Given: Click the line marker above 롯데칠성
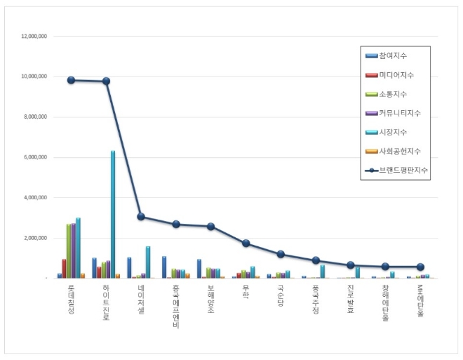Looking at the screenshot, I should pyautogui.click(x=71, y=80).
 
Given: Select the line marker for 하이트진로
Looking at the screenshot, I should pyautogui.click(x=106, y=81).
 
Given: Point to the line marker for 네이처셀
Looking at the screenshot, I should pyautogui.click(x=141, y=217).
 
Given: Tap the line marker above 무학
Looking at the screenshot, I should pyautogui.click(x=246, y=244).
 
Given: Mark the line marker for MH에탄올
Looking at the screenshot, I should pyautogui.click(x=420, y=267).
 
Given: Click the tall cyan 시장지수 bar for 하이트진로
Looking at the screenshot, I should pyautogui.click(x=112, y=214).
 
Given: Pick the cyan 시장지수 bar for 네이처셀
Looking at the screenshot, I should pyautogui.click(x=147, y=262).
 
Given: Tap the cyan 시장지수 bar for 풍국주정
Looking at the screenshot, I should pyautogui.click(x=322, y=272).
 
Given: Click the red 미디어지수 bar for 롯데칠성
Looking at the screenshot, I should pyautogui.click(x=64, y=269).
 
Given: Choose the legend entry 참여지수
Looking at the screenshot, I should pyautogui.click(x=391, y=55).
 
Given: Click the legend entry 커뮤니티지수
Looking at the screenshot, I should pyautogui.click(x=398, y=113).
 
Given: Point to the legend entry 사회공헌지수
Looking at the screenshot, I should pyautogui.click(x=398, y=152).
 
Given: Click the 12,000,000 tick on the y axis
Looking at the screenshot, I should pyautogui.click(x=34, y=36).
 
